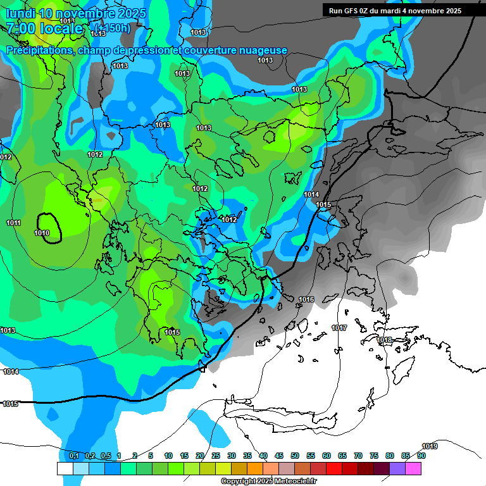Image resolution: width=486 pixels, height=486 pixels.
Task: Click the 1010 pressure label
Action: coord(42,233)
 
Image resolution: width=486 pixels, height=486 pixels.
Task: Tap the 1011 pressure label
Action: coord(13,223)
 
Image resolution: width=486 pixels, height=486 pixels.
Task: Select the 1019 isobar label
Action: coord(430,446)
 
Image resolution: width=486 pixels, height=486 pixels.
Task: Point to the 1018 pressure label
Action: coord(384,340)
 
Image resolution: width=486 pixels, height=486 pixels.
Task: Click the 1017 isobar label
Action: coord(339,328)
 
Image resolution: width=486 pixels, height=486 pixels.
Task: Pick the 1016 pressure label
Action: coord(306,299)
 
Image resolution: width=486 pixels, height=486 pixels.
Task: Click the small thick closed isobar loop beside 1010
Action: coord(49,227)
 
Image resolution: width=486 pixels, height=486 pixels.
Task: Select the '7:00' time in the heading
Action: coord(20,28)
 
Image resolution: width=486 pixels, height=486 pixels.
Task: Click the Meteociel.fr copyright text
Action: coord(268,482)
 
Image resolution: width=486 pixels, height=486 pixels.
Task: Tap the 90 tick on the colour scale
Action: coord(421,456)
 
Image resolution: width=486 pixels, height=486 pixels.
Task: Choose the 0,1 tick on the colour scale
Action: coord(73,456)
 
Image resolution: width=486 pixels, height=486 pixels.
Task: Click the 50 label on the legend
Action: coord(295,456)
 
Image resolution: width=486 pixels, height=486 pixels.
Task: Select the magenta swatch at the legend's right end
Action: coord(414,468)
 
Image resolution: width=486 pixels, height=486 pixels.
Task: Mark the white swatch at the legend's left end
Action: coord(65,468)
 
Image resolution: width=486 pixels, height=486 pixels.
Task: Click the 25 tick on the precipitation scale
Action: coord(216,456)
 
